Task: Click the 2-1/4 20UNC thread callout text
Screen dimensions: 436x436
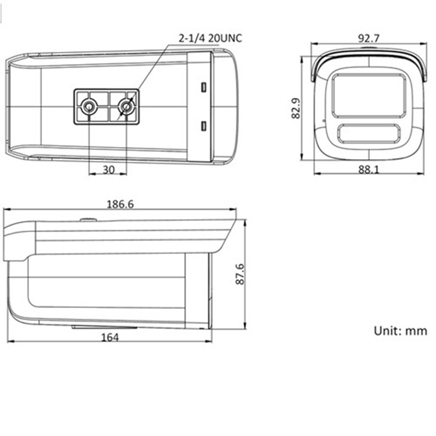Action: [x=210, y=38]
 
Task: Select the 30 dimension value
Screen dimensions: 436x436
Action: [x=109, y=169]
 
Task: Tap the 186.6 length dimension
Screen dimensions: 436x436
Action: [x=120, y=205]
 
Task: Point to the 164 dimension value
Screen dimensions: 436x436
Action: [x=110, y=337]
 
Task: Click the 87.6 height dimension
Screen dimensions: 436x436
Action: [x=240, y=274]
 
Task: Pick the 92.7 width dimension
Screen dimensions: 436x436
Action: [x=369, y=38]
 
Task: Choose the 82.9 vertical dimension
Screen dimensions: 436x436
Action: [x=295, y=108]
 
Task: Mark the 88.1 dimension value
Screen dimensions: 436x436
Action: [x=369, y=169]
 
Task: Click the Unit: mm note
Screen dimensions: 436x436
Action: [x=401, y=331]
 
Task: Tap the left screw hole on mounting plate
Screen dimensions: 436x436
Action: [x=89, y=106]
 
